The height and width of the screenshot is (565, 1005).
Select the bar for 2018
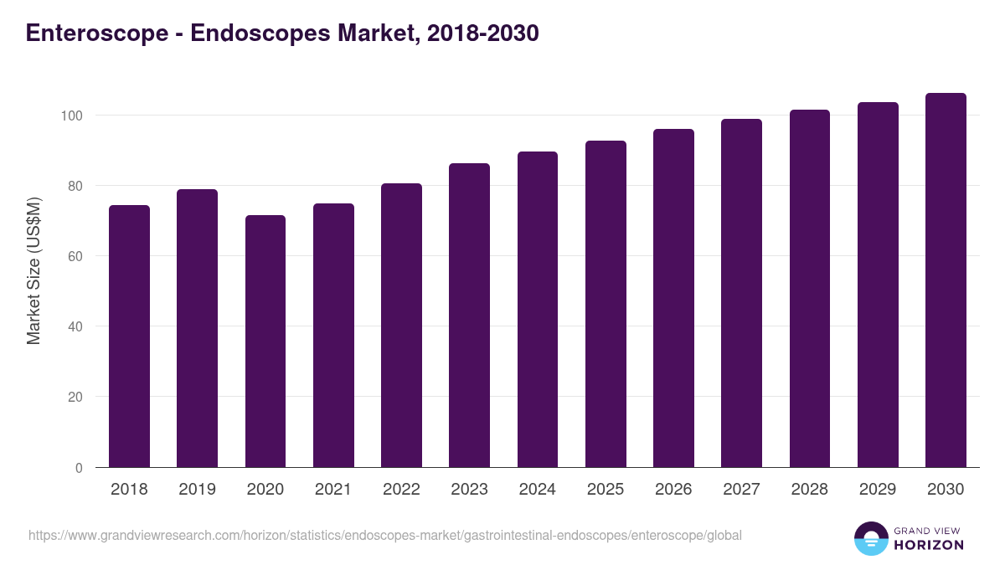coord(129,336)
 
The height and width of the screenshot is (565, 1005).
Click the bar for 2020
coord(265,342)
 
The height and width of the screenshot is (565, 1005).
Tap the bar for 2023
coord(469,316)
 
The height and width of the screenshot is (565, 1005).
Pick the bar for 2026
coord(673,298)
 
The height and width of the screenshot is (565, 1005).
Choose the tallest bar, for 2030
coord(946,280)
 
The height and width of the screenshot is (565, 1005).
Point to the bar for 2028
coord(809,289)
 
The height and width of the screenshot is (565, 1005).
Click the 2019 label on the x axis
coord(197,490)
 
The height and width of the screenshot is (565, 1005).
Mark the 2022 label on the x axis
coord(401,490)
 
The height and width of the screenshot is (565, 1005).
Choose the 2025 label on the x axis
coord(606,490)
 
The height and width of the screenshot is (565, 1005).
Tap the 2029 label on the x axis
coord(878,490)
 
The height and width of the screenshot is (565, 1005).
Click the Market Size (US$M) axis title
coord(34,270)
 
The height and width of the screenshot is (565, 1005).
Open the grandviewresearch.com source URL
coord(385,535)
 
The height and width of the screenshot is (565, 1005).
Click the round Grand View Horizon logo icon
coord(871,538)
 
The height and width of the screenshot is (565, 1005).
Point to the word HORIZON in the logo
coord(929,545)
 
